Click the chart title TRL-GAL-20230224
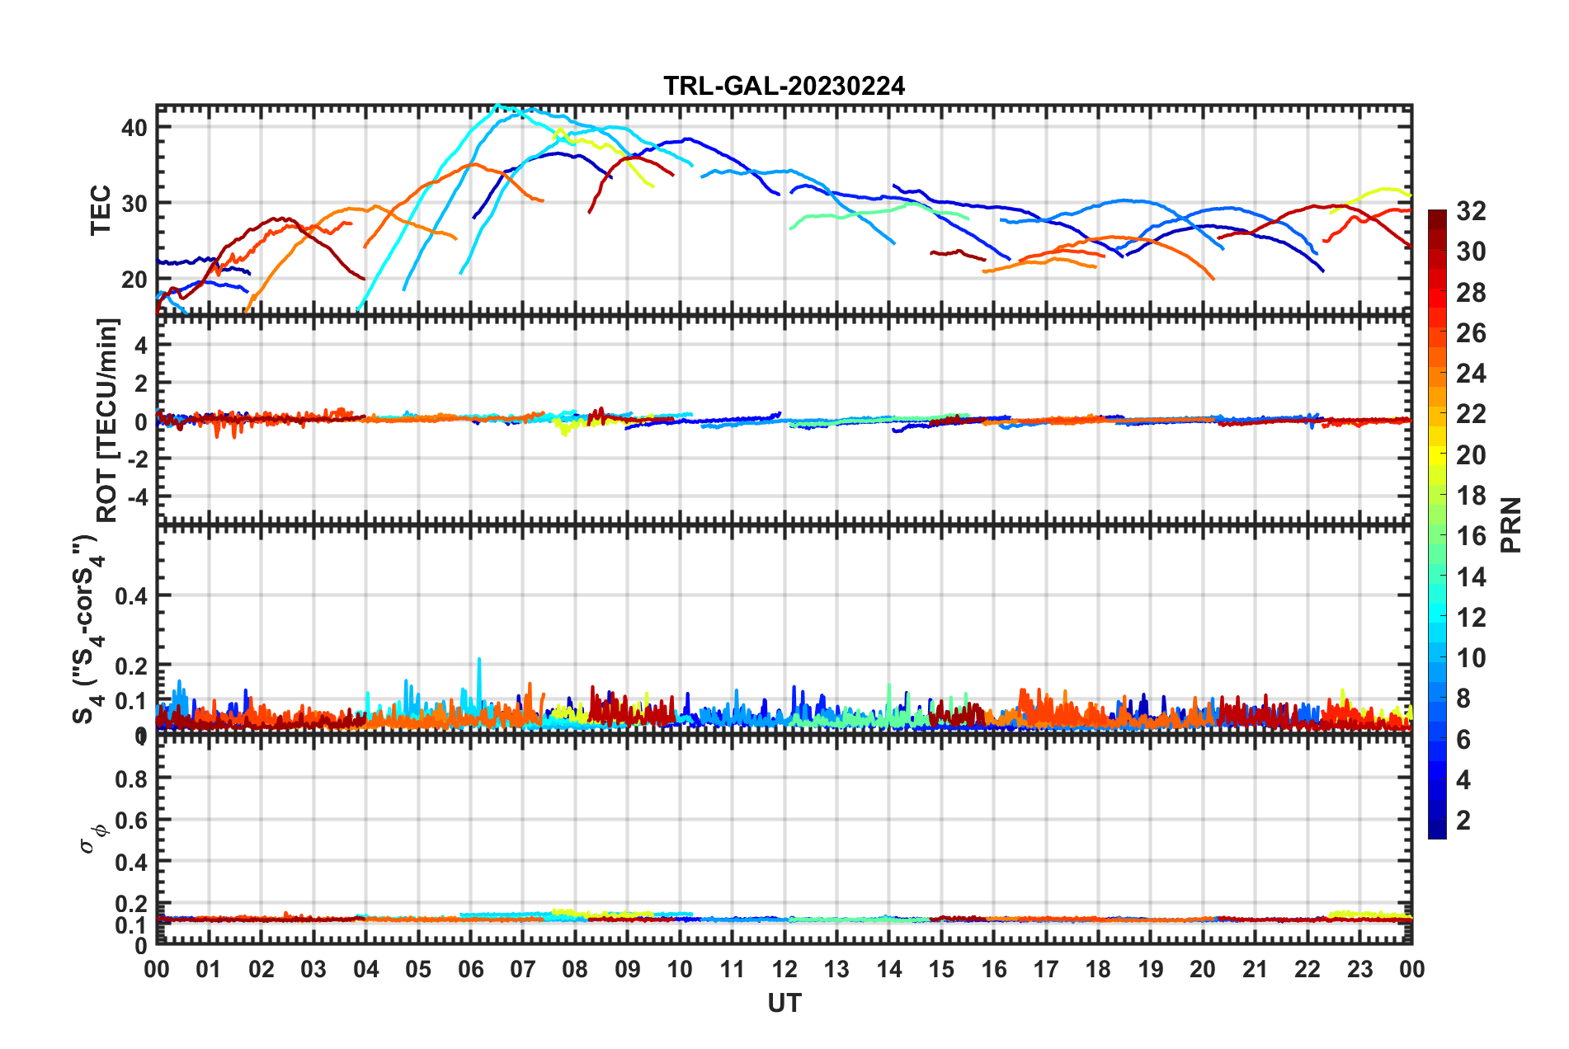point(784,86)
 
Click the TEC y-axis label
point(101,210)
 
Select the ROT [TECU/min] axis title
point(108,420)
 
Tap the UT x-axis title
point(784,1003)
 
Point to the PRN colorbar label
point(1510,524)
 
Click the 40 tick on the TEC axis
point(134,127)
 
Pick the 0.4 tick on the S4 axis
point(130,595)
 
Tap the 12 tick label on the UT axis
point(784,969)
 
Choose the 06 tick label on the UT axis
point(470,969)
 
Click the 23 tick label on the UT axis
point(1359,969)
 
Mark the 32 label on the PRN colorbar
point(1471,211)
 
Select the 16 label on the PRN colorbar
point(1471,536)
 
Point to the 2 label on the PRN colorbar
point(1463,820)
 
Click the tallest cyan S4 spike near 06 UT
point(479,660)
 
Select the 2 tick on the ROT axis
point(140,383)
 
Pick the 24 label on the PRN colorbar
point(1471,374)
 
